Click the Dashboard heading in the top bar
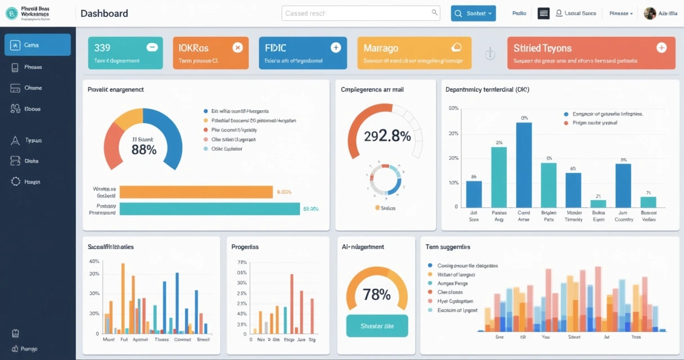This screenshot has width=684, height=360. tap(104, 13)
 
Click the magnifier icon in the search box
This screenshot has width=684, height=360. tap(435, 12)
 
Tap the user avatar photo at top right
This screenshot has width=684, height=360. tap(650, 13)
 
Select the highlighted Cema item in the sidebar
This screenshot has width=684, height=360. tap(38, 45)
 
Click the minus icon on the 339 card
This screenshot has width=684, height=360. tap(152, 48)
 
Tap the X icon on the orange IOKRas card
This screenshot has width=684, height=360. tap(237, 48)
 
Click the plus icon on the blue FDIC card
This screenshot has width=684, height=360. tap(336, 48)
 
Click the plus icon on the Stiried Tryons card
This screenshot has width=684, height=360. tap(661, 48)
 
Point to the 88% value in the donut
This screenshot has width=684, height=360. tap(143, 149)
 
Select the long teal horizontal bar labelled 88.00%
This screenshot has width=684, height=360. tap(210, 209)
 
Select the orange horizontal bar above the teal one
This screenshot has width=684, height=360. tap(196, 192)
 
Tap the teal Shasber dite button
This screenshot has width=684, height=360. tap(377, 326)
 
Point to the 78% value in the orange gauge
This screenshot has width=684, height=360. tap(376, 294)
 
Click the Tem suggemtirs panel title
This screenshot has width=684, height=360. tap(448, 247)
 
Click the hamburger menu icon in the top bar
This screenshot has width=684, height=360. tap(543, 13)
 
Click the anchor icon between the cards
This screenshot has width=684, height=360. tap(489, 54)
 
